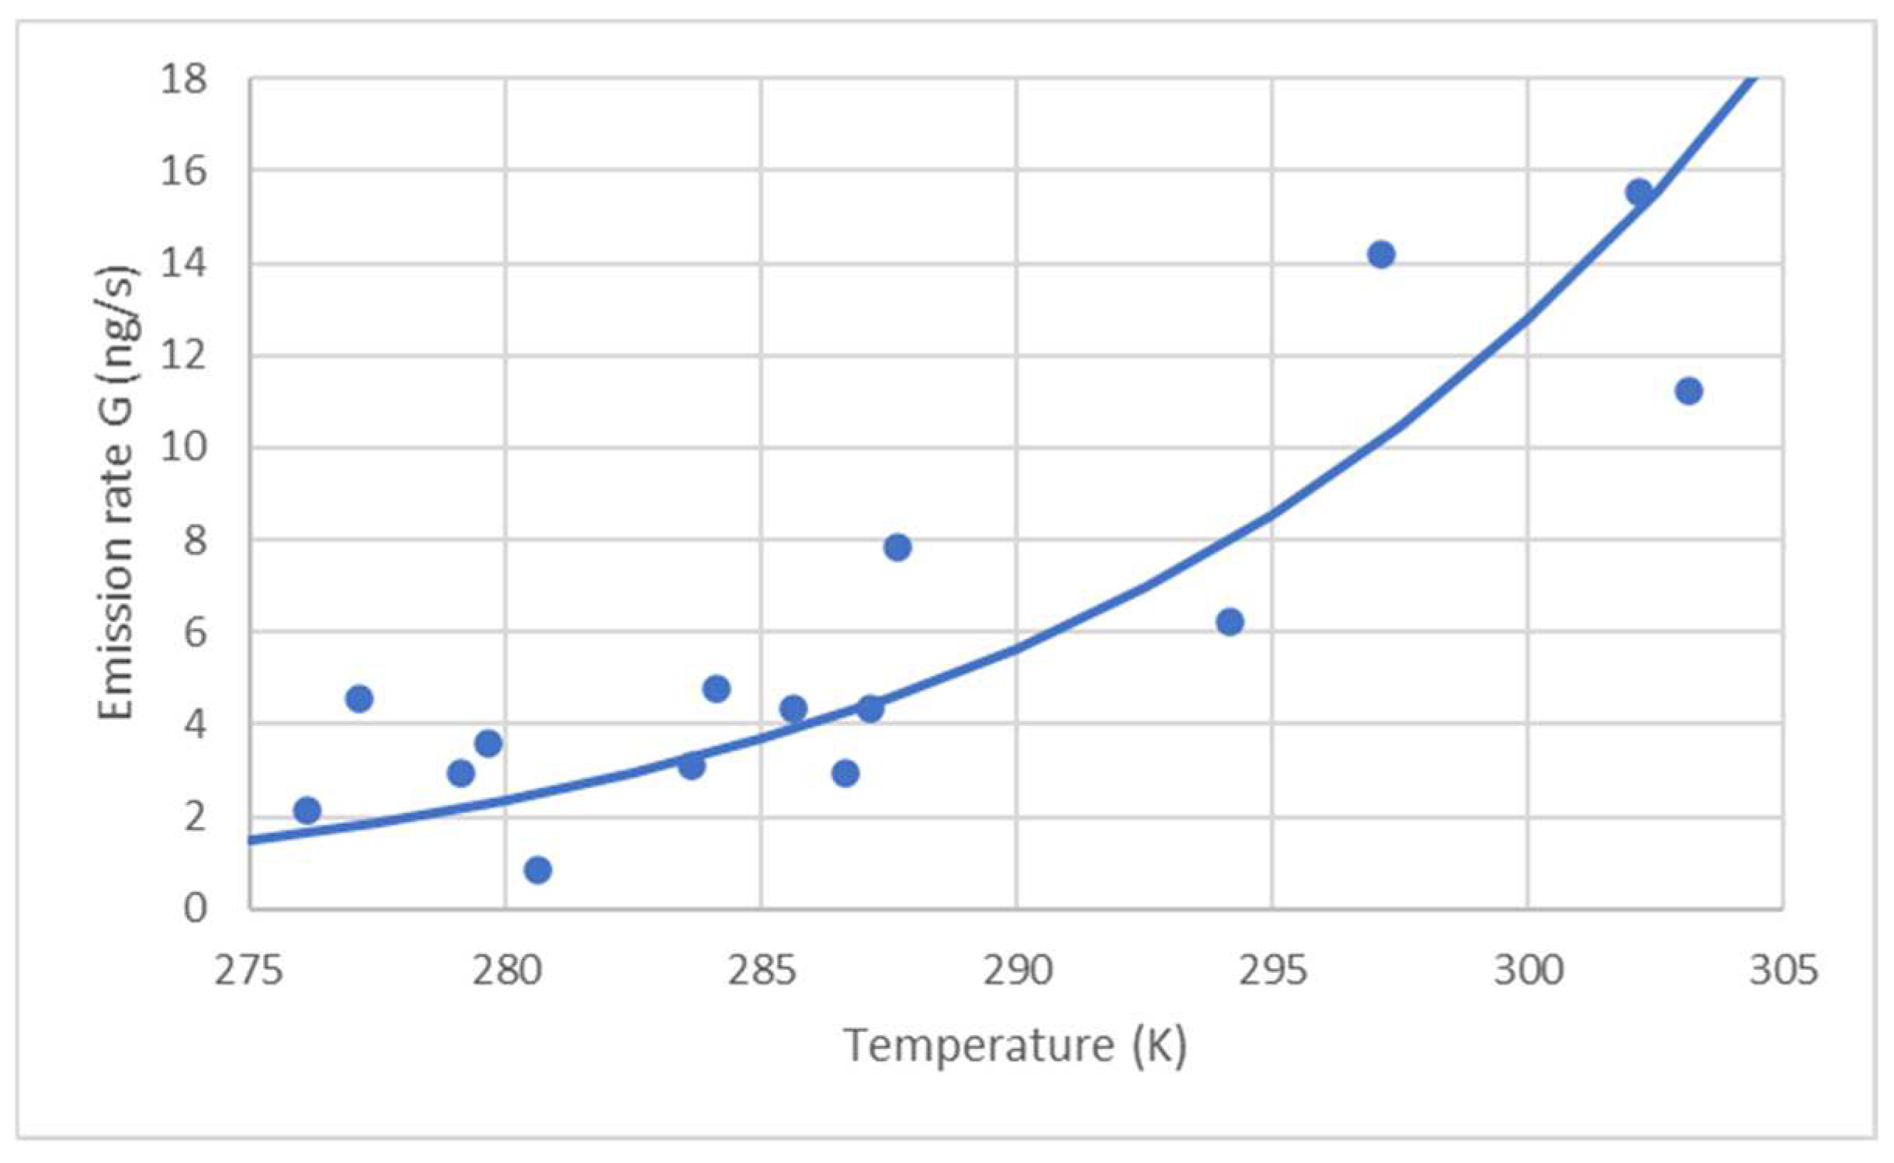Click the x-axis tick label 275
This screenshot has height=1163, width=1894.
248,971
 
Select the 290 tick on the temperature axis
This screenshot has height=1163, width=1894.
1017,971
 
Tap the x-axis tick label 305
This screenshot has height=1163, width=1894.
1783,971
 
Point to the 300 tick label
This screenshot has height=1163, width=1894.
1528,971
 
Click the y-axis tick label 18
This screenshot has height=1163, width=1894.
184,79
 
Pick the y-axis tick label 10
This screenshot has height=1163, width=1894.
184,448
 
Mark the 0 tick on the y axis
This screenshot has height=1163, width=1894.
195,908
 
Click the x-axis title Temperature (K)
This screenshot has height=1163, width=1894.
1015,1046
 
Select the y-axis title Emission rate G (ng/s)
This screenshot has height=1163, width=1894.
118,493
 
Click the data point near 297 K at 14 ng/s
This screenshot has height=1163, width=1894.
1382,255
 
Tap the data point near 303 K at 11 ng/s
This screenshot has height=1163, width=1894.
1689,391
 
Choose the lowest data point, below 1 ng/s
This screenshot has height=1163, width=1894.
538,870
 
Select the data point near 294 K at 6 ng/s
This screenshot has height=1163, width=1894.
1230,622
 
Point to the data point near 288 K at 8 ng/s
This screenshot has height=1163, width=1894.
897,547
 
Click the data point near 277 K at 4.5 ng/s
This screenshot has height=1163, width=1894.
359,699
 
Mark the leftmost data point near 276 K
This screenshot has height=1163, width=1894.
307,811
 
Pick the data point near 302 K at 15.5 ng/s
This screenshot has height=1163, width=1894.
1639,192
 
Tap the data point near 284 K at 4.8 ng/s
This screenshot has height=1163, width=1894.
716,689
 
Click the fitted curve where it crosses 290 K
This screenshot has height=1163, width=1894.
1017,647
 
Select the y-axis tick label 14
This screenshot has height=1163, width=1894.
184,264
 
